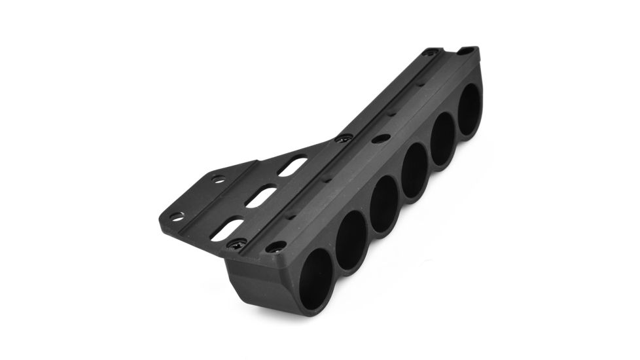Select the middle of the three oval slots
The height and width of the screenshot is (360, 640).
click(259, 197)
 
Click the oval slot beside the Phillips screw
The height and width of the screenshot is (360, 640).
click(228, 230)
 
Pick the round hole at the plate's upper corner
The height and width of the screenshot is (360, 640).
click(218, 179)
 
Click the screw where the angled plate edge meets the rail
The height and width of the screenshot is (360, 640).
click(344, 139)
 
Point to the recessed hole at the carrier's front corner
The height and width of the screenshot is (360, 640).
click(276, 247)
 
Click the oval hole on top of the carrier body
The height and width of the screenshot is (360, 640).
click(381, 139)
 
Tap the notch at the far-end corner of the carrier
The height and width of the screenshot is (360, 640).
click(466, 50)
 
